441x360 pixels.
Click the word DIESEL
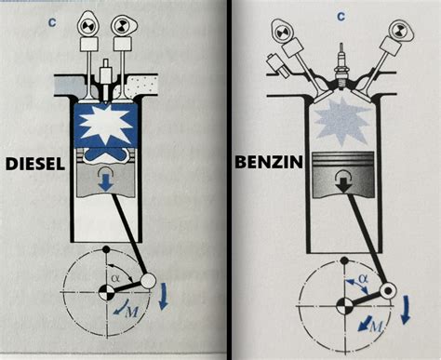click(x=35, y=164)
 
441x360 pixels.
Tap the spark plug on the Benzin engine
click(x=343, y=66)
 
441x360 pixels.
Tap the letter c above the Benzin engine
click(x=341, y=16)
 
